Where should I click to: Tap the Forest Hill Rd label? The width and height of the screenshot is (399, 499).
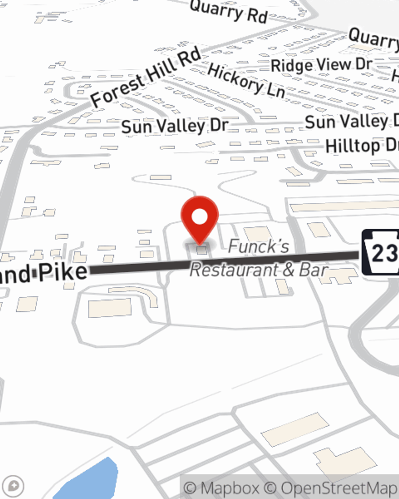tap(146, 77)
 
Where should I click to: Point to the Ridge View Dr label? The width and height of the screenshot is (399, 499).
tap(321, 65)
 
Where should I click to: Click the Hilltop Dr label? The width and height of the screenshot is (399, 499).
tap(361, 146)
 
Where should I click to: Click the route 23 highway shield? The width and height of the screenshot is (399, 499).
tap(381, 252)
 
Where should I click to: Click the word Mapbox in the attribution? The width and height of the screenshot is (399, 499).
tap(229, 488)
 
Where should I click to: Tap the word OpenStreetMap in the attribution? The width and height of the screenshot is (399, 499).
tap(339, 488)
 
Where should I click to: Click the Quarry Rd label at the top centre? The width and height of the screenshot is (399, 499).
tap(228, 11)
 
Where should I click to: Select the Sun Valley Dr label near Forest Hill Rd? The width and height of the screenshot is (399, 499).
tap(174, 126)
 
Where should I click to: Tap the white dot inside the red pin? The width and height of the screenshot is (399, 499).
tap(199, 217)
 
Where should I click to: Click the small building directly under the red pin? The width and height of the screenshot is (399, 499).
tap(202, 250)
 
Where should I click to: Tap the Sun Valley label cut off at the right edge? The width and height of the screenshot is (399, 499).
tap(351, 121)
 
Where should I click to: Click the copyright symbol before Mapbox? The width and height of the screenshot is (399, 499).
tap(190, 488)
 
